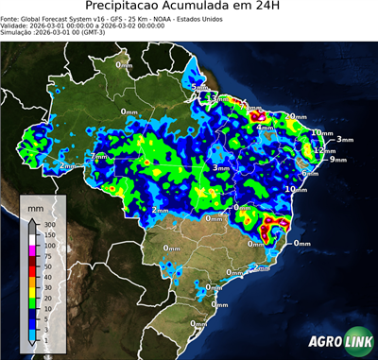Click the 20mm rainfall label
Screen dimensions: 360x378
click(298, 116)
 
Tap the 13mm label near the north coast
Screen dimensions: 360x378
click(220, 98)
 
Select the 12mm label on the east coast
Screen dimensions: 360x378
click(325, 150)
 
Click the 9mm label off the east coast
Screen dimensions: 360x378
click(337, 160)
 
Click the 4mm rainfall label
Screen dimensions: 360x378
click(266, 127)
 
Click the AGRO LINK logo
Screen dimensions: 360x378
click(336, 342)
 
